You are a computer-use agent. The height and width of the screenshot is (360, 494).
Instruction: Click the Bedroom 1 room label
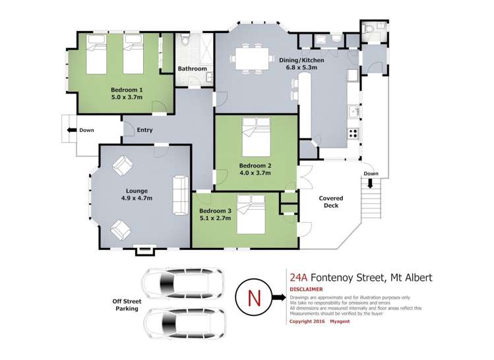(127, 90)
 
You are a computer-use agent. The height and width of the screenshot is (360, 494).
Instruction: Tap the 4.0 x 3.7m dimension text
(255, 173)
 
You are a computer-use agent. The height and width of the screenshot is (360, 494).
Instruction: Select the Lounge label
(137, 191)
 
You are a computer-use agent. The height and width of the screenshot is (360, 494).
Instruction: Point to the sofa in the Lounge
(181, 195)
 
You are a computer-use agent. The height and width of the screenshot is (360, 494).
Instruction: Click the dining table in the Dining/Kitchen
(252, 58)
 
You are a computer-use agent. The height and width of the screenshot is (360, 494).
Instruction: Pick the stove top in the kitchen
(353, 134)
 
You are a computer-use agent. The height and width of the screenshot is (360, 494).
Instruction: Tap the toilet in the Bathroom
(185, 39)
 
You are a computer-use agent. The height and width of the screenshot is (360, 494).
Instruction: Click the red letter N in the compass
(254, 297)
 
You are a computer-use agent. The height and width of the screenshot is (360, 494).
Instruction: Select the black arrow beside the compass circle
(278, 297)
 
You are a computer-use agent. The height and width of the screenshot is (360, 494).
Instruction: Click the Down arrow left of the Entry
(72, 130)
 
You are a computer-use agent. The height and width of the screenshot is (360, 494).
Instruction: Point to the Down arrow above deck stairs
(370, 183)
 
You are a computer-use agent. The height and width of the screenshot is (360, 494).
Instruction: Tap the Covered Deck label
(331, 202)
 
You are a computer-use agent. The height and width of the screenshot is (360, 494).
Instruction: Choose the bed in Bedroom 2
(257, 136)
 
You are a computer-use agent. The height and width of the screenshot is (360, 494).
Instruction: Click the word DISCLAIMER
(306, 289)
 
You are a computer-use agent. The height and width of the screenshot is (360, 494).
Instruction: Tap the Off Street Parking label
(127, 305)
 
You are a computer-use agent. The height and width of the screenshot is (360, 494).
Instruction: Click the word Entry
(144, 130)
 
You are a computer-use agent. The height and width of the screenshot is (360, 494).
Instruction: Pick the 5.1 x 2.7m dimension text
(215, 218)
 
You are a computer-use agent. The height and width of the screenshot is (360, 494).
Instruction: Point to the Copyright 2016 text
(307, 321)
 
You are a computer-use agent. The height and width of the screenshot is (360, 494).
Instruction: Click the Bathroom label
(192, 69)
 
